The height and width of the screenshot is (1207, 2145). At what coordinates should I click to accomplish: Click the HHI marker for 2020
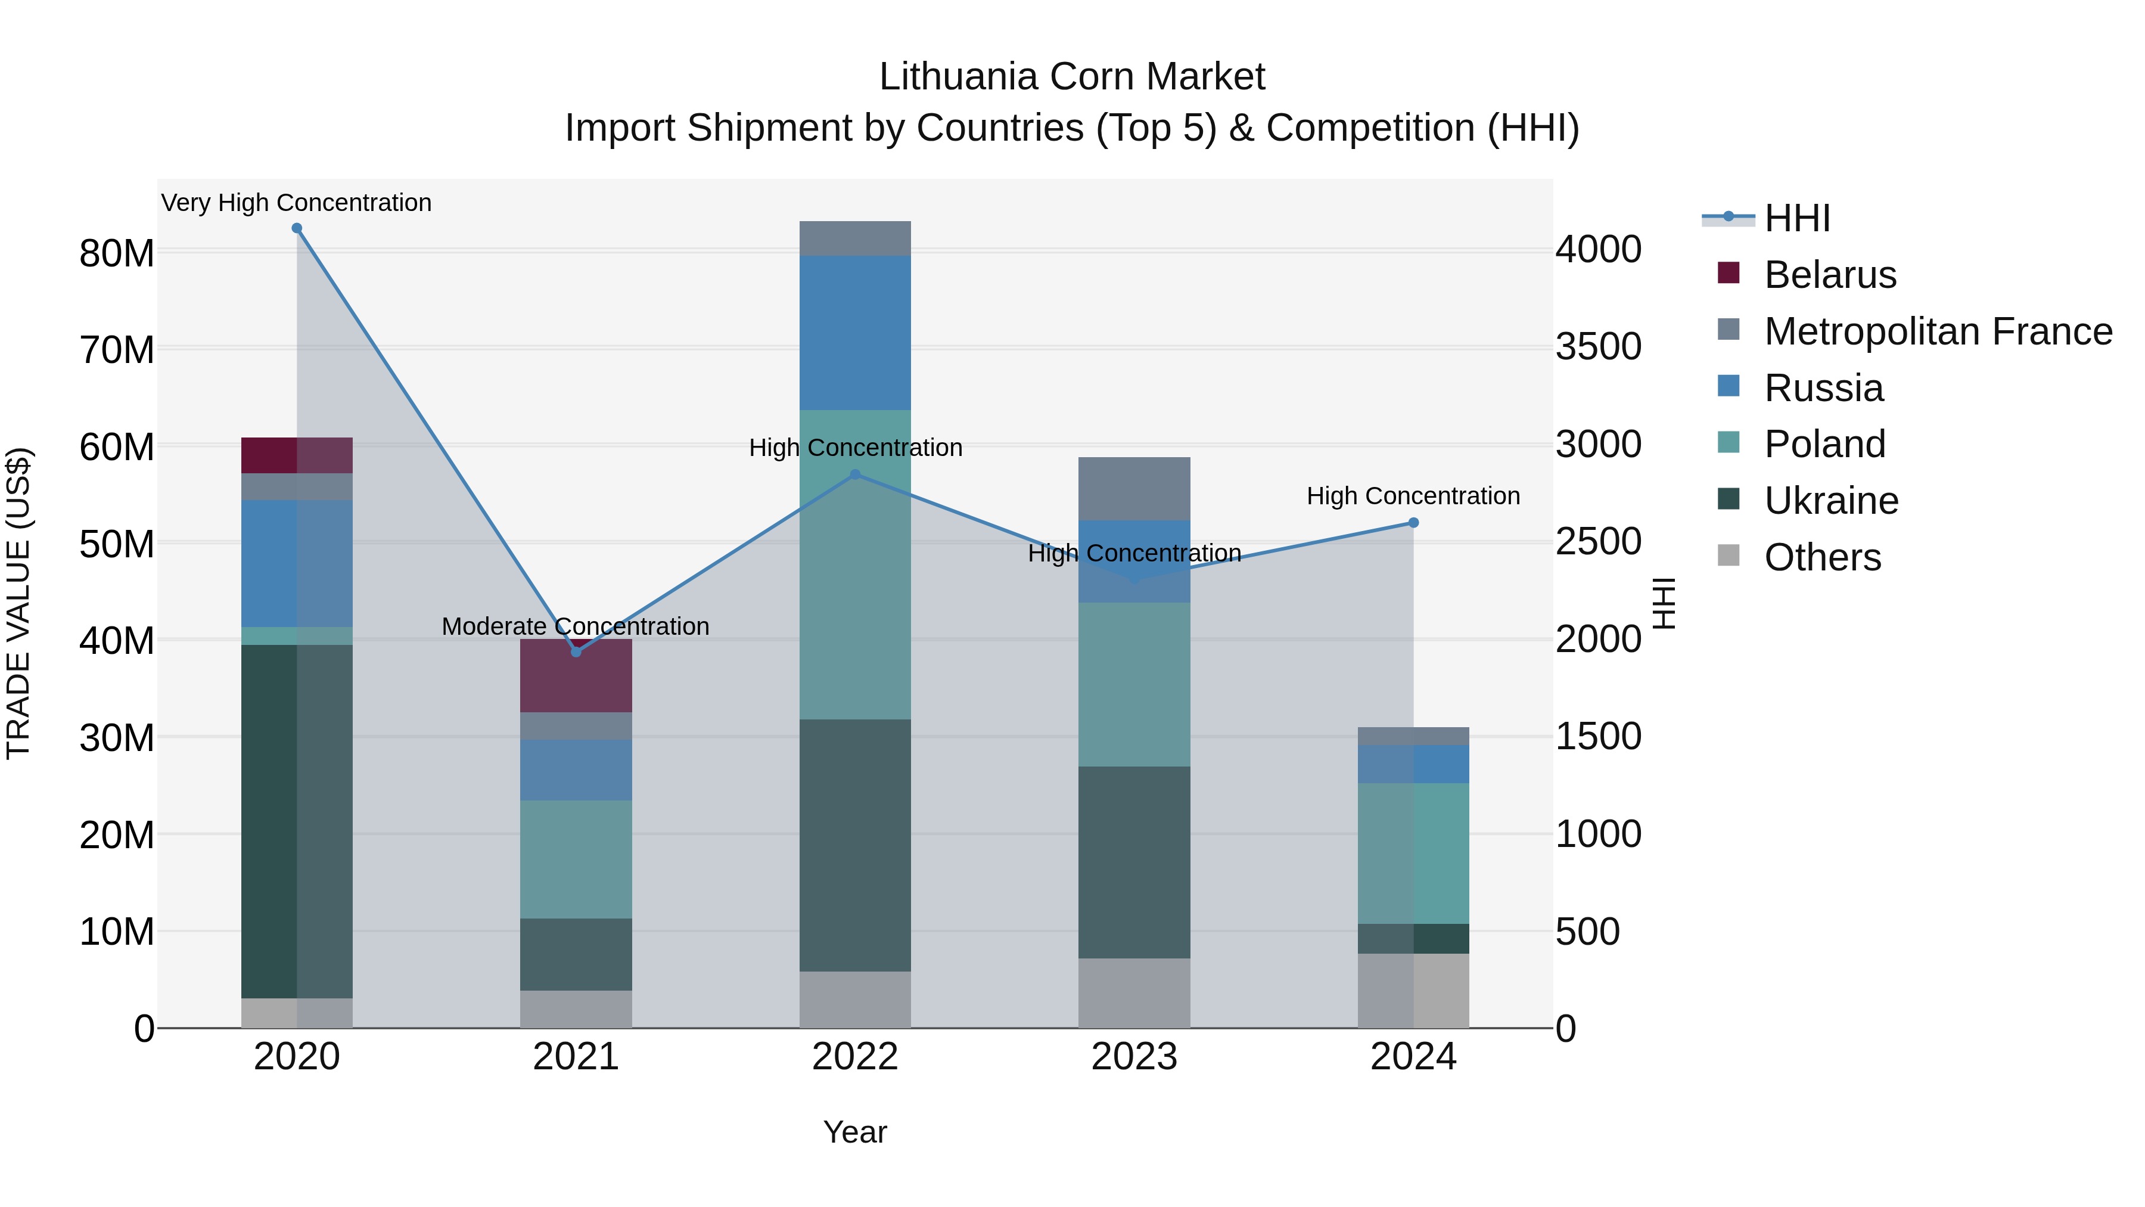click(297, 228)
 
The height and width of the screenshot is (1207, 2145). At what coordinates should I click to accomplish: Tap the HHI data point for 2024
click(1413, 523)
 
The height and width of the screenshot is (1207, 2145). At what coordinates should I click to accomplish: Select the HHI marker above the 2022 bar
click(855, 475)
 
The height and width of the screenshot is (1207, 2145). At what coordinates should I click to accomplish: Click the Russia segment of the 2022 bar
click(855, 333)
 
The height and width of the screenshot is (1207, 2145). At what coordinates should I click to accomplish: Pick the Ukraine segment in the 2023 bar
click(1134, 862)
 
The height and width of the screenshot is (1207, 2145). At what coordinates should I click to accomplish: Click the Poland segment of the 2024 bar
click(1413, 854)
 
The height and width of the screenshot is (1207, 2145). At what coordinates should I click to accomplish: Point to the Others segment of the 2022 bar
click(855, 1000)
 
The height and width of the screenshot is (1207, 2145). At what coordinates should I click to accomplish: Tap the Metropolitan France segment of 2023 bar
click(1134, 489)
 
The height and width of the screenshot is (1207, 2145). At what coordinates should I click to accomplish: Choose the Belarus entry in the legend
click(1829, 275)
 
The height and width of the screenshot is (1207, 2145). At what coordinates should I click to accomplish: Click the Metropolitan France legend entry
click(1938, 331)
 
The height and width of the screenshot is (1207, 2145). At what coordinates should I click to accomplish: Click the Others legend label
click(1822, 557)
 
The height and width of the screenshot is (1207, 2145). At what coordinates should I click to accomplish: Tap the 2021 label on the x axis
click(576, 1057)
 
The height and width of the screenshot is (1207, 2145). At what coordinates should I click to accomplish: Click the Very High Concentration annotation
click(297, 203)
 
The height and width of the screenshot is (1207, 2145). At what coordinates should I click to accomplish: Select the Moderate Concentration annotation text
click(576, 626)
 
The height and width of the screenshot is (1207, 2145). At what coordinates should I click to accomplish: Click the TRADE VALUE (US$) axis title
click(18, 603)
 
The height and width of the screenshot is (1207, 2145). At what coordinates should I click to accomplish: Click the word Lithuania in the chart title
click(958, 77)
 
